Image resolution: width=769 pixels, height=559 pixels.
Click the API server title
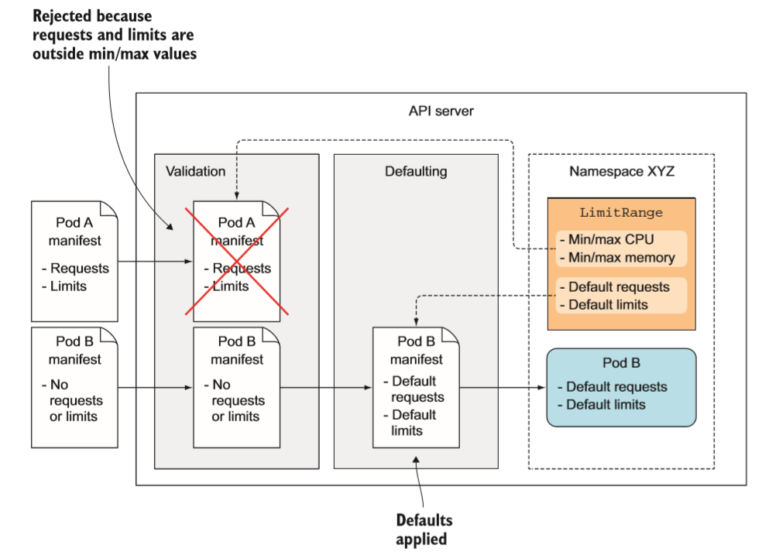441,111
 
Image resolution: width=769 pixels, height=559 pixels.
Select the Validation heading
195,171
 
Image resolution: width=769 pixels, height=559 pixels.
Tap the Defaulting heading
416,171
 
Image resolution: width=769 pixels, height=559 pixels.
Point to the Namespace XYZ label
621,171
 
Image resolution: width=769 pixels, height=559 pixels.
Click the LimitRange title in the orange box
621,213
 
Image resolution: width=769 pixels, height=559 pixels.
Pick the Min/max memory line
621,258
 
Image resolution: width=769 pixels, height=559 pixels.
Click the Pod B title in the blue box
621,363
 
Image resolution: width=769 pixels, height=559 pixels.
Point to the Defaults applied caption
424,529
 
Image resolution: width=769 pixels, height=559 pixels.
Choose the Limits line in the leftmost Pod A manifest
68,286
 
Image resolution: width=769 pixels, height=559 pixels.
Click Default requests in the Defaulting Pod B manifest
417,389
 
